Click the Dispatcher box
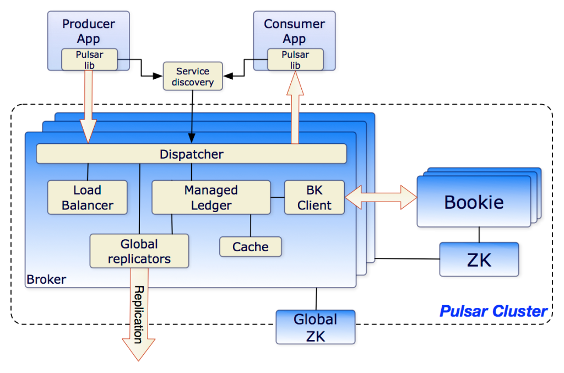191,154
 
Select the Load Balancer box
87,198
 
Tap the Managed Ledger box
211,198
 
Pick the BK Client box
314,198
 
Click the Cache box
250,247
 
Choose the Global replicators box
139,251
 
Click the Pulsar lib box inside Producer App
89,60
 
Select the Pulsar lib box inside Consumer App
295,60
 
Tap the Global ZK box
316,327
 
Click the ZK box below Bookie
479,259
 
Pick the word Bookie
474,202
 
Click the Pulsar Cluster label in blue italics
493,311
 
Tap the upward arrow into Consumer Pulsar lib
295,110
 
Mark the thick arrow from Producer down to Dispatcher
88,110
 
